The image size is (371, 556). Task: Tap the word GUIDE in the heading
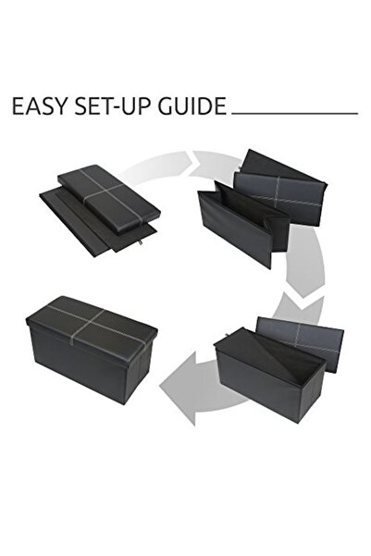click(192, 105)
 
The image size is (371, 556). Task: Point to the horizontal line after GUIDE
click(295, 114)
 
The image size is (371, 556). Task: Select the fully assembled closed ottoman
click(92, 350)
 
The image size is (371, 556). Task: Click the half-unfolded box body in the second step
click(241, 222)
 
